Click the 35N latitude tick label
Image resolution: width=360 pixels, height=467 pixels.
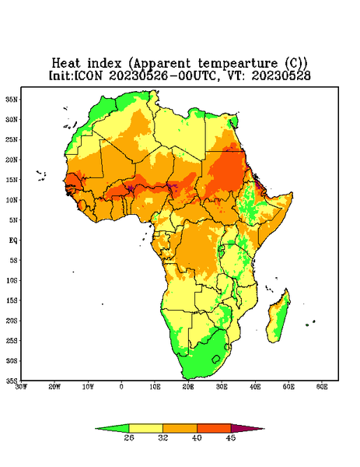tap(12, 100)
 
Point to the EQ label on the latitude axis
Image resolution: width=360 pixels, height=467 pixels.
tap(13, 241)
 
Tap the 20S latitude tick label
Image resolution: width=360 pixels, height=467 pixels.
tap(12, 321)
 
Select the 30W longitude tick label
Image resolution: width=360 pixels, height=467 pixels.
tap(21, 387)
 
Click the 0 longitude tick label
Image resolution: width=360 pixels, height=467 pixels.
tap(121, 387)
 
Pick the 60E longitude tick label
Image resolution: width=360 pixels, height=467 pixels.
tap(322, 387)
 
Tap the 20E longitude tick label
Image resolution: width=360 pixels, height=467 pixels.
tap(188, 387)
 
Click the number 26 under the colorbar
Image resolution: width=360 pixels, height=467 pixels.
tap(129, 437)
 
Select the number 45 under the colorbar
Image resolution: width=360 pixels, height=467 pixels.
tap(231, 437)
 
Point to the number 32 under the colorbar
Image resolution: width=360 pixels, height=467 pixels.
tap(163, 437)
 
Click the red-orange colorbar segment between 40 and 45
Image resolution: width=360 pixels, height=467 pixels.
tap(214, 428)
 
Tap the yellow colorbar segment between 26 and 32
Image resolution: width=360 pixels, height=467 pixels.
tap(145, 428)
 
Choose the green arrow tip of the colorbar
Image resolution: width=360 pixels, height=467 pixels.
tap(96, 429)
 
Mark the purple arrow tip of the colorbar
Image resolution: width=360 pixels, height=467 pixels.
tap(264, 429)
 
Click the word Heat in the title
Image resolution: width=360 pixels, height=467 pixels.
tap(66, 64)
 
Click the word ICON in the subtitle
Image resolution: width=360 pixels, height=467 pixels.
tap(89, 75)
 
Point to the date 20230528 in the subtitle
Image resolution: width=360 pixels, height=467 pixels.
tap(281, 75)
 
